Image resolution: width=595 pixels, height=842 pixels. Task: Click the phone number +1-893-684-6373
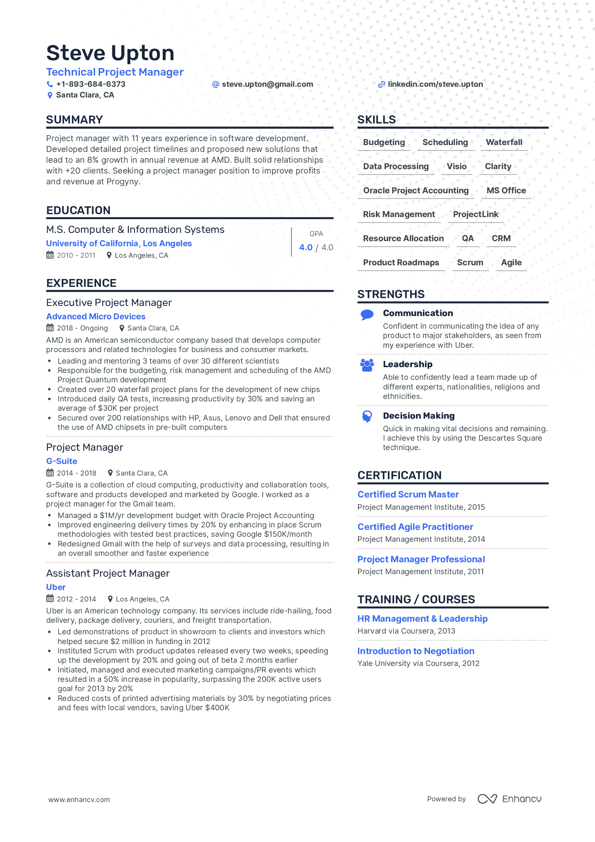coord(91,84)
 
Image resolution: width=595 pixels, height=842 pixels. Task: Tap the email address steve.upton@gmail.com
coord(267,84)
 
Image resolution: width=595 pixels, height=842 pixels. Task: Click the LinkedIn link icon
coord(381,84)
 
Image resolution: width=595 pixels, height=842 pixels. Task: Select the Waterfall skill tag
coord(504,142)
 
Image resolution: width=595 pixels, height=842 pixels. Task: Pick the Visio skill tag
coord(456,167)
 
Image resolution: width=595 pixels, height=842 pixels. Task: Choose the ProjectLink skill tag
coord(475,214)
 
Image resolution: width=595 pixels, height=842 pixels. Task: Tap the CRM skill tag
coord(501,238)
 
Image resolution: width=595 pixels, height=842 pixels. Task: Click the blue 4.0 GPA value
coord(306,248)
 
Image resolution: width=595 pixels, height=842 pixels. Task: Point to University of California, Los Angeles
coord(119,243)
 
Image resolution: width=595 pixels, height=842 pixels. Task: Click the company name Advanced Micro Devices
coord(96,316)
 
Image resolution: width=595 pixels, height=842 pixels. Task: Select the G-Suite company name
coord(62,461)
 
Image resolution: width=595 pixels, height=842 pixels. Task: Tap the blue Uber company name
coord(56,587)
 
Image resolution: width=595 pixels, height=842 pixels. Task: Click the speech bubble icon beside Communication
coord(367,315)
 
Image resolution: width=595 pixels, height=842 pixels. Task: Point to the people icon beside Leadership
coord(367,365)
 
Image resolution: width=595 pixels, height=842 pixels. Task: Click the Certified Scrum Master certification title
coord(408,494)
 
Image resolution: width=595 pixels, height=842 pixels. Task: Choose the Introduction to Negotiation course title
coord(416,651)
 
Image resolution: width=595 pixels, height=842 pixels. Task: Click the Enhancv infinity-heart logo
coord(487,799)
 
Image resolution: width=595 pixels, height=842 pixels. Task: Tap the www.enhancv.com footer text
coord(79,800)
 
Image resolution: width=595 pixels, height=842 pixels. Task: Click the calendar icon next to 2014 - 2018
coord(50,473)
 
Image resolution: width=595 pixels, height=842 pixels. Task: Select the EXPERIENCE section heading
coord(81,283)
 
